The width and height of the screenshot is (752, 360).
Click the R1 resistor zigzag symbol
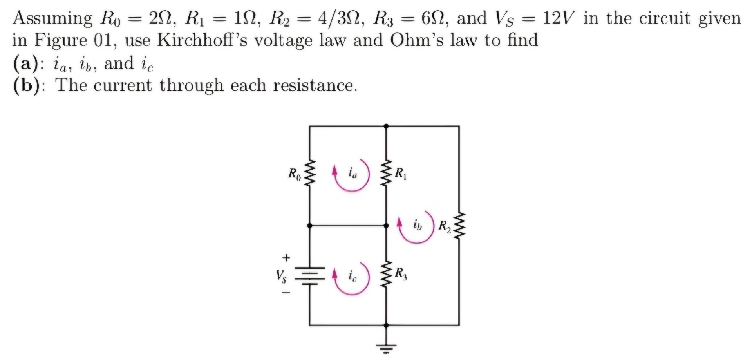[386, 173]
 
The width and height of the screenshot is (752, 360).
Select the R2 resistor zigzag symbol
[459, 226]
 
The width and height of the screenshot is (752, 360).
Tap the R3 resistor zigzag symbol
[386, 273]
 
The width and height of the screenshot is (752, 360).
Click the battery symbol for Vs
[309, 276]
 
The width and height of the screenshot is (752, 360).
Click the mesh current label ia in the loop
[353, 173]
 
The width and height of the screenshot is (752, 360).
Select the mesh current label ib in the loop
[418, 225]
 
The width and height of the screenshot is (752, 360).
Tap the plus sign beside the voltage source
[287, 257]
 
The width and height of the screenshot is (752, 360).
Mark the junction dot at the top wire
[386, 126]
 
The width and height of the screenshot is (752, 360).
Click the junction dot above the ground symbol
[386, 325]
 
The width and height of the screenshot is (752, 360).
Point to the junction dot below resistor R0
[309, 226]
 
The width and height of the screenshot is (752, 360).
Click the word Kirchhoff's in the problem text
[202, 40]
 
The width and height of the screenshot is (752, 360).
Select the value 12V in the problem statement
[559, 18]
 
